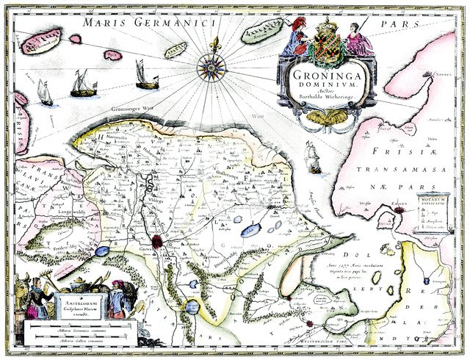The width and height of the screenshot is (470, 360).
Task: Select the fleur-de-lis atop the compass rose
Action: [x=214, y=45]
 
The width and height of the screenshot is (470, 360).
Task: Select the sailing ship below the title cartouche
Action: [x=311, y=156]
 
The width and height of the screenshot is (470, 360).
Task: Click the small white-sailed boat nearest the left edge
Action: [x=46, y=94]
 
